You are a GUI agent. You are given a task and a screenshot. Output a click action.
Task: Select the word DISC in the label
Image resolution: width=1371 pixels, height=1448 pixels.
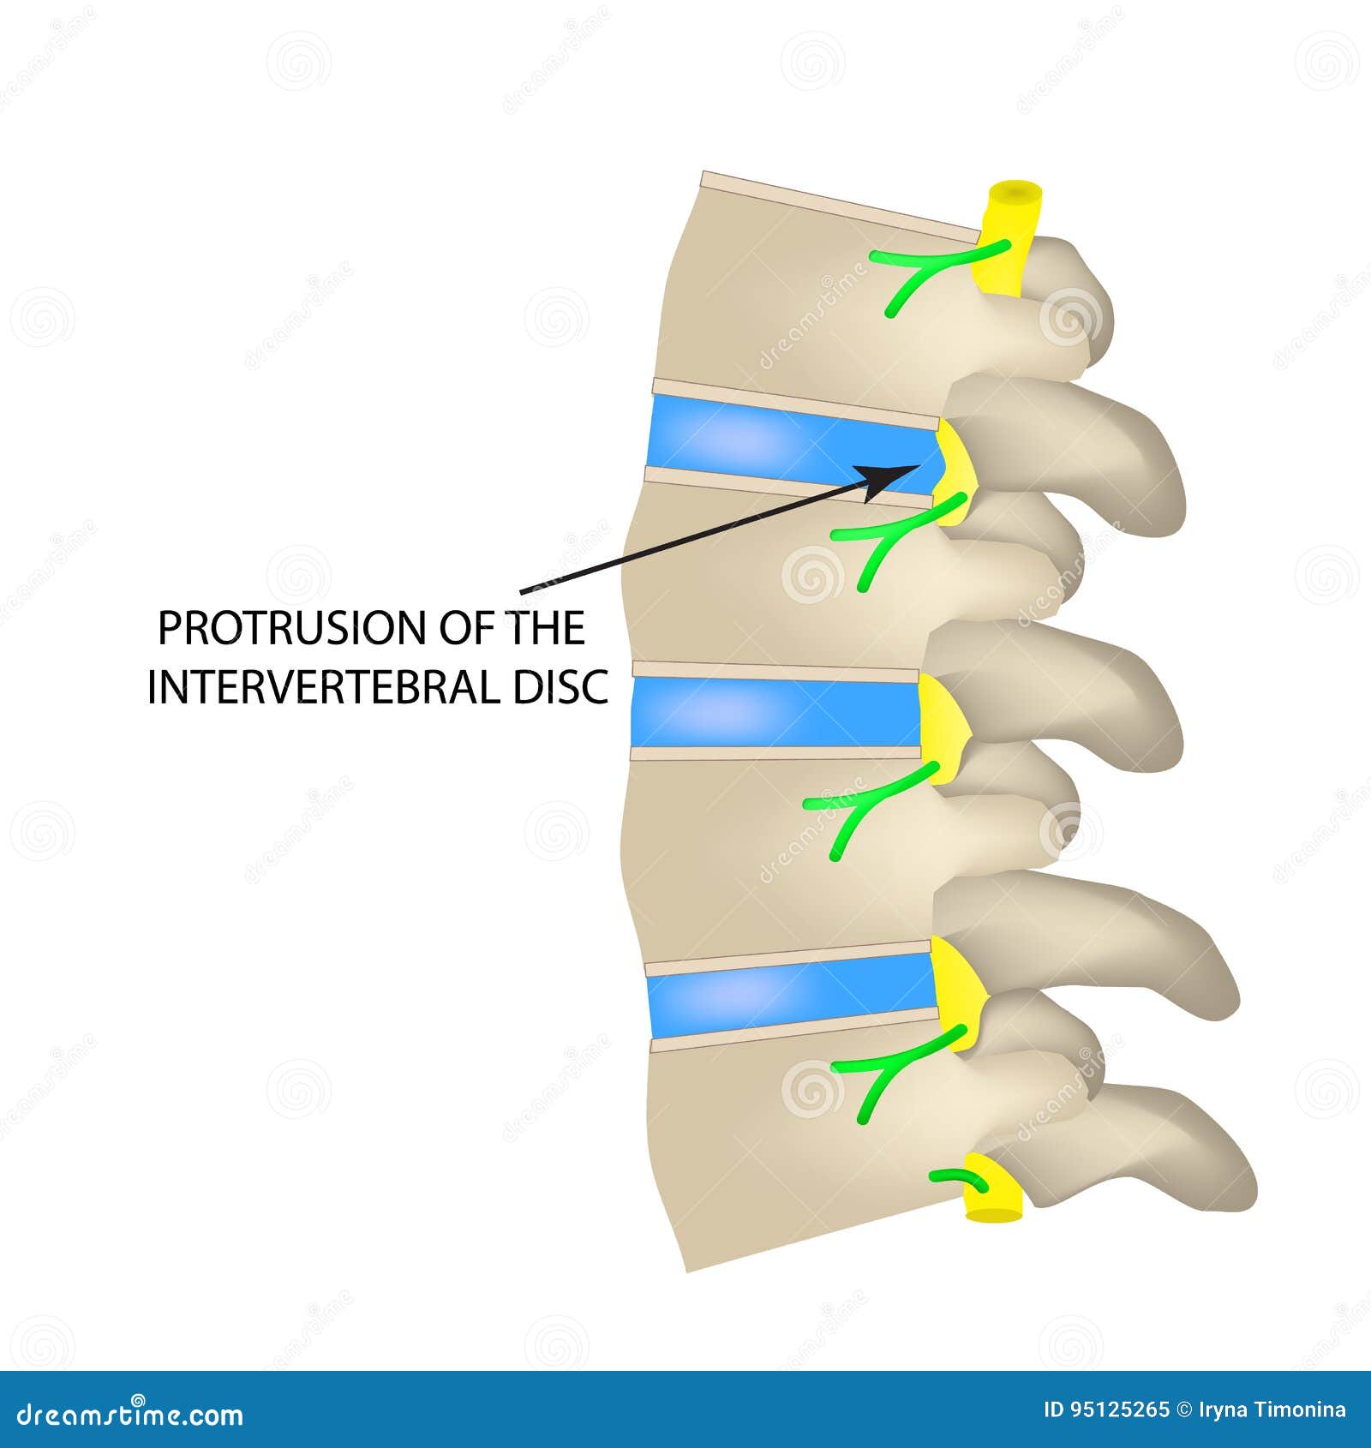click(x=560, y=687)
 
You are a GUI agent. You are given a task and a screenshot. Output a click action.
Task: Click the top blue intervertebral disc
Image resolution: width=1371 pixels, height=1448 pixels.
click(x=788, y=446)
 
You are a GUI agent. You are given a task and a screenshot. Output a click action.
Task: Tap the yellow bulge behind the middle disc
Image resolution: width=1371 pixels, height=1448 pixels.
click(x=943, y=728)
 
